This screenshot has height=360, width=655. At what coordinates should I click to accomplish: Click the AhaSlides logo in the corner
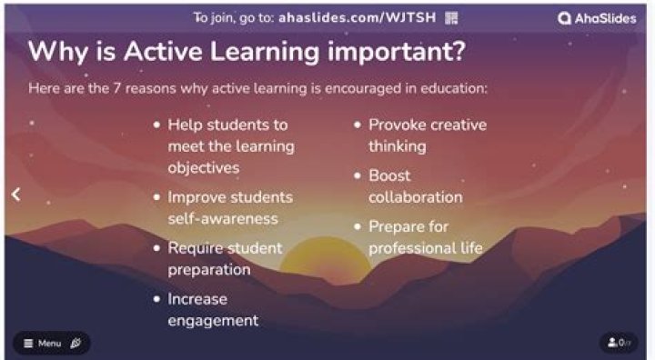pyautogui.click(x=598, y=17)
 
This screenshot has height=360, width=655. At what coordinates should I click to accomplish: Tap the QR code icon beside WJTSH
pyautogui.click(x=452, y=17)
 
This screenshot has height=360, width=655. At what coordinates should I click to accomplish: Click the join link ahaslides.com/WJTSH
pyautogui.click(x=373, y=17)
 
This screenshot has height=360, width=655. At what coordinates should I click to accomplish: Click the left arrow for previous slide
pyautogui.click(x=15, y=194)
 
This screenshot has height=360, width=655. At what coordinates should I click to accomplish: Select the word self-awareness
pyautogui.click(x=222, y=219)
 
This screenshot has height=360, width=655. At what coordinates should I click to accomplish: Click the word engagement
pyautogui.click(x=212, y=320)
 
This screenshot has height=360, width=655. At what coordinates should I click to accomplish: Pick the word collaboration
pyautogui.click(x=415, y=197)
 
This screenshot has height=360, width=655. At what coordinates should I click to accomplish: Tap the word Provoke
pyautogui.click(x=397, y=125)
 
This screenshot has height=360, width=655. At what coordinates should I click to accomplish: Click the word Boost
pyautogui.click(x=389, y=175)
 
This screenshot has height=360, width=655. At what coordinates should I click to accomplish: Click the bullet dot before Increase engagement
pyautogui.click(x=157, y=299)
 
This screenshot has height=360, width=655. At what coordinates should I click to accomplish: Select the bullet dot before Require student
pyautogui.click(x=157, y=248)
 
